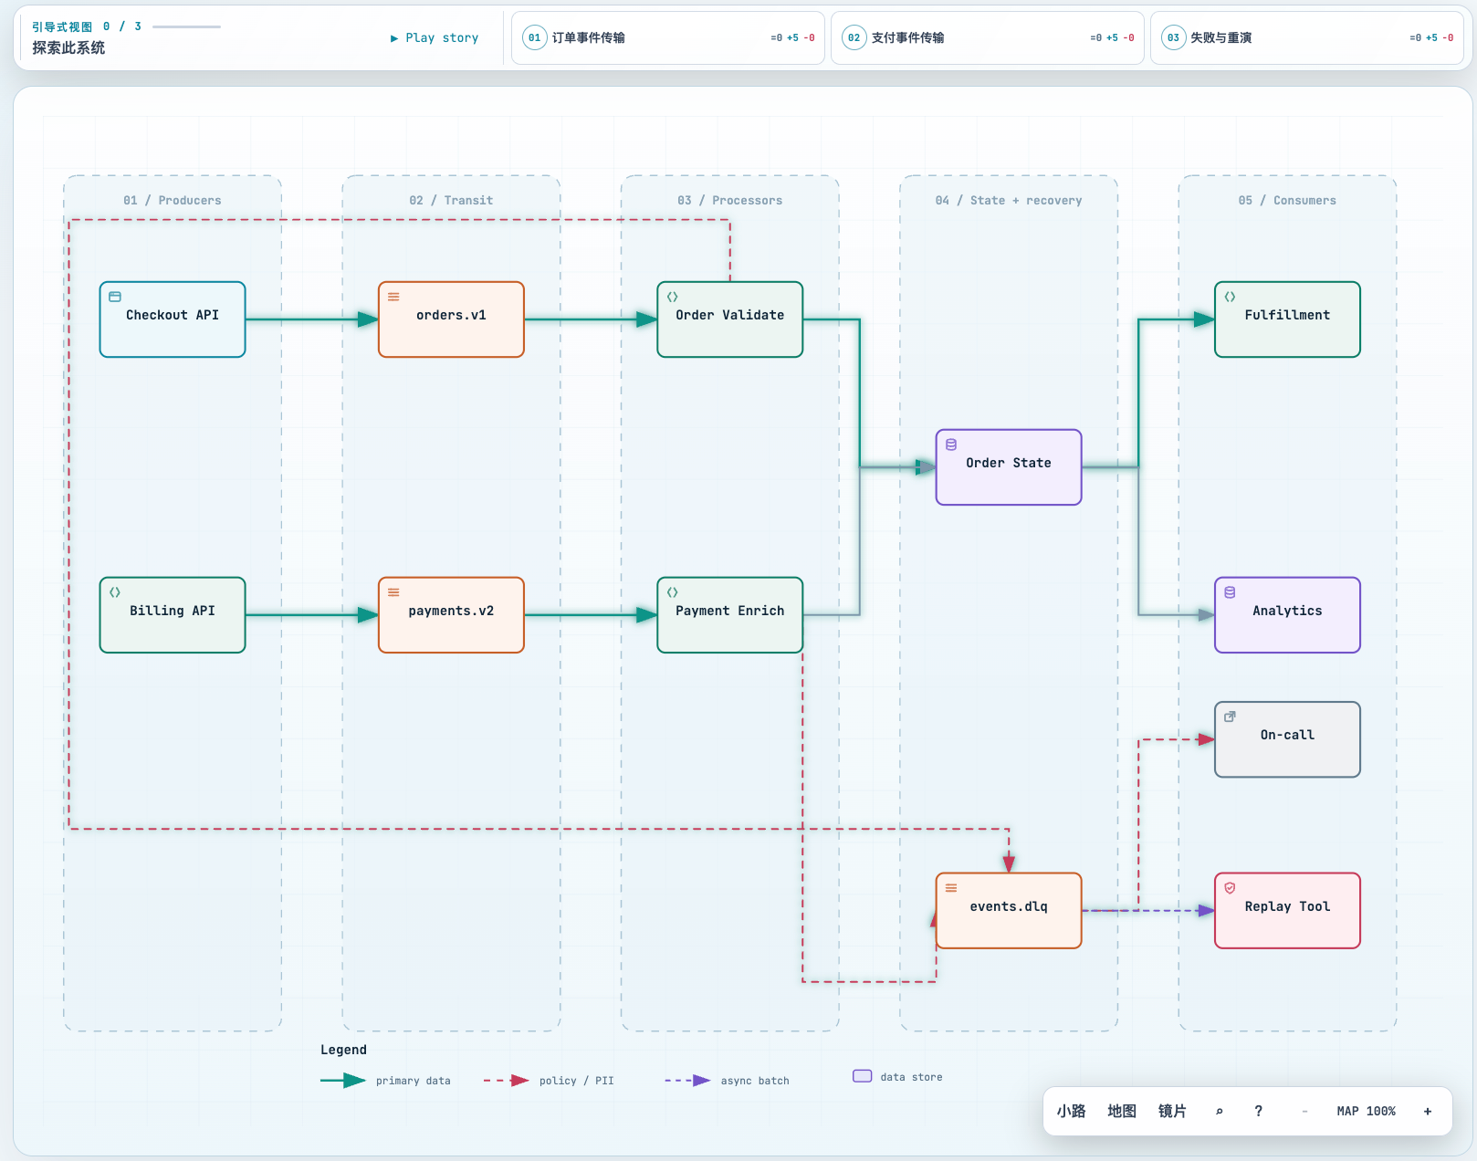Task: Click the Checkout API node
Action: tap(173, 319)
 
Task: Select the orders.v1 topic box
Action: tap(451, 319)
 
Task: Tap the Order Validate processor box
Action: tap(729, 319)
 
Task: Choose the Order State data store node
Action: tap(1008, 467)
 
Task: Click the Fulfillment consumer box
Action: tap(1287, 319)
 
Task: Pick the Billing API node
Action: tap(173, 615)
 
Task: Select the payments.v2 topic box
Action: tap(451, 615)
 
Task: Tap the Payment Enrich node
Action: tap(729, 615)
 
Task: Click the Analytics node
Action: tap(1287, 615)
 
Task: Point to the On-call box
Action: tap(1287, 739)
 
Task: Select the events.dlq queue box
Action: tap(1008, 911)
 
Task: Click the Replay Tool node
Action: tap(1287, 911)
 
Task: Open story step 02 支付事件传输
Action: tap(987, 37)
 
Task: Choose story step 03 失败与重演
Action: tap(1307, 37)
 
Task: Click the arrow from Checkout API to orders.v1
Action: tap(311, 319)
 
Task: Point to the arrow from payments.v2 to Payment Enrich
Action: tap(591, 615)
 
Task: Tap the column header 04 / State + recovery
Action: tap(1008, 201)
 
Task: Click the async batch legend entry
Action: tap(727, 1080)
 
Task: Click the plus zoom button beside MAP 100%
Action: tap(1428, 1111)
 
